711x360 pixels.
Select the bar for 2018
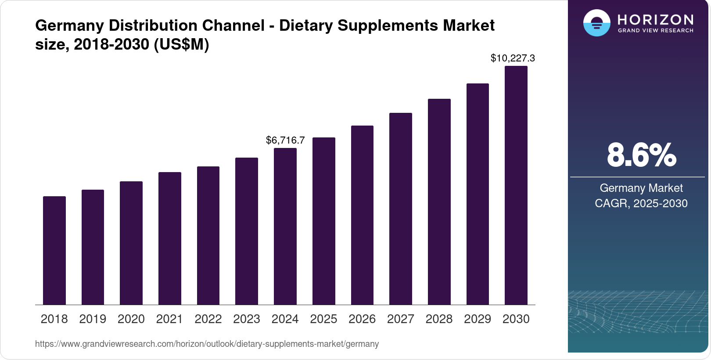(54, 250)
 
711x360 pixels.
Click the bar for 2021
(170, 238)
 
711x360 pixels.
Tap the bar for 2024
(285, 226)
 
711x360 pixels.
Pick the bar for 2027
(401, 209)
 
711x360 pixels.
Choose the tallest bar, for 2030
(516, 185)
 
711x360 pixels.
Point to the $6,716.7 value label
(285, 140)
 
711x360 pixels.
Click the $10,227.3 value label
(513, 58)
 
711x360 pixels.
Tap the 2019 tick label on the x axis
(93, 319)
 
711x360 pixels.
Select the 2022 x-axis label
(208, 319)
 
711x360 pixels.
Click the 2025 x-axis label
(323, 319)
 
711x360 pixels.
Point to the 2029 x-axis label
(478, 319)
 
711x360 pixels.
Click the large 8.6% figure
(641, 155)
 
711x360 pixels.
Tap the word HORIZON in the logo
(655, 19)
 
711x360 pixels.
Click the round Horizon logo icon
(596, 23)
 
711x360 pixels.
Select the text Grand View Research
(655, 31)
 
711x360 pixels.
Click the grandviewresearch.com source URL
(207, 344)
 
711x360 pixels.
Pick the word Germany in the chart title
(69, 25)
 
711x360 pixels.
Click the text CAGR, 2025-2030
(641, 203)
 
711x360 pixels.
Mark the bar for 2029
(478, 194)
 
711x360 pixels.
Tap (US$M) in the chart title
(181, 44)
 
